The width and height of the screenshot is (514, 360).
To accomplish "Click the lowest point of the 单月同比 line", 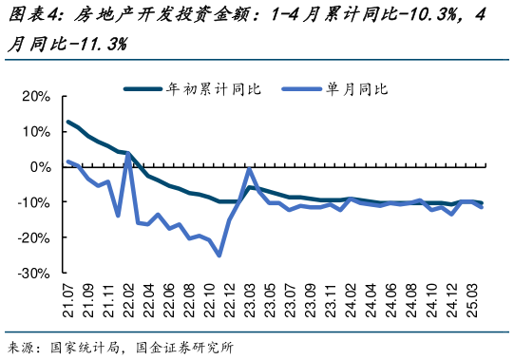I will pos(219,255).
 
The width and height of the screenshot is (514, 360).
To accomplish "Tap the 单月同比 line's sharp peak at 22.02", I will pos(127,153).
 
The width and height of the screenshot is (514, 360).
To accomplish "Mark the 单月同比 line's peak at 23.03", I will pos(249,169).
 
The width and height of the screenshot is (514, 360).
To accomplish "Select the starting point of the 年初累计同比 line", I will pos(68,122).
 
